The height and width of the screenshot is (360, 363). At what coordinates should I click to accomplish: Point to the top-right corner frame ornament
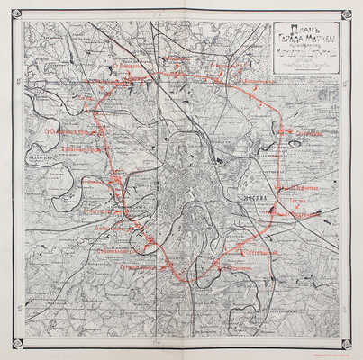pos(346,14)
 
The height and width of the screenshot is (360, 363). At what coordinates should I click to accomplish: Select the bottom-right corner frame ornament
pos(346,344)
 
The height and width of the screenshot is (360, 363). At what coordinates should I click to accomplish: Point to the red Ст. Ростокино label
pos(231,67)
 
